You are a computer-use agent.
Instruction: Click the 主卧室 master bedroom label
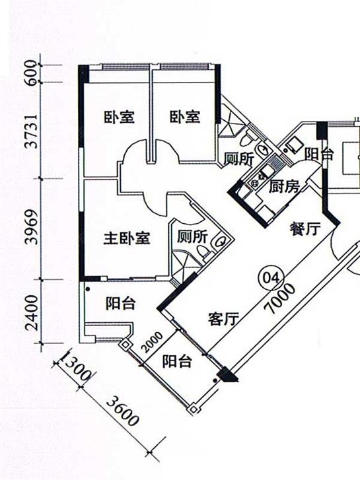point(127,238)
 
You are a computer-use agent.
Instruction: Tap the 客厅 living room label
point(223,319)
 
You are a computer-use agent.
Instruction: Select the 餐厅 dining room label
point(305,228)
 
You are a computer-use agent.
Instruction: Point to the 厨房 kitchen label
point(284,187)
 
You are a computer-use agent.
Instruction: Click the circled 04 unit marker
point(271,278)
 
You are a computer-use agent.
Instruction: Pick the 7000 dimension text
point(280,299)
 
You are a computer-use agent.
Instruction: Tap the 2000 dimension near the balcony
point(153,342)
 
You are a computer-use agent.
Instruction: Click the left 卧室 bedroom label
point(119,117)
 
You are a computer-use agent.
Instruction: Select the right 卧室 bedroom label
point(185,117)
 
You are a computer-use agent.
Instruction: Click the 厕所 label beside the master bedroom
point(192,237)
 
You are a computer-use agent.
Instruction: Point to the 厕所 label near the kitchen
point(239,159)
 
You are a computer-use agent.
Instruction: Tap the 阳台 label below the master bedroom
point(121,303)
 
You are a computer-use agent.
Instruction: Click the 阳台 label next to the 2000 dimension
point(177,361)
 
